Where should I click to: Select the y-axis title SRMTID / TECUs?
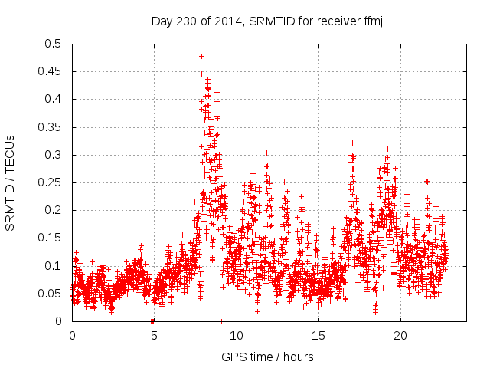pyautogui.click(x=11, y=182)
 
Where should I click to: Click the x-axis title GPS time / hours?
pyautogui.click(x=267, y=356)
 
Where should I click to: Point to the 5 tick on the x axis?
pyautogui.click(x=154, y=336)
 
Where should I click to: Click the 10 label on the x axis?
pyautogui.click(x=237, y=336)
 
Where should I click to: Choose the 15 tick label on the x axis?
pyautogui.click(x=318, y=336)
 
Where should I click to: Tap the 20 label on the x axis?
pyautogui.click(x=400, y=336)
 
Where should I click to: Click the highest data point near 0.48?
pyautogui.click(x=201, y=56)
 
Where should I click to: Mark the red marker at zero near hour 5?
pyautogui.click(x=152, y=321)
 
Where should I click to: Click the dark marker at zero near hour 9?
pyautogui.click(x=220, y=321)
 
